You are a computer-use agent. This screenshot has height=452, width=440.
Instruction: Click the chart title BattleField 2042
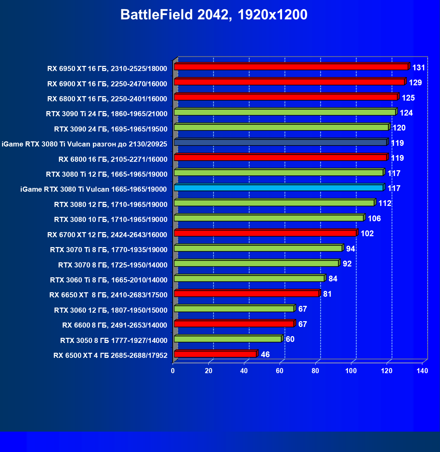[x=214, y=15]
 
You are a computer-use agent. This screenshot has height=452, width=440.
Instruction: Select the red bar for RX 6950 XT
[x=291, y=67]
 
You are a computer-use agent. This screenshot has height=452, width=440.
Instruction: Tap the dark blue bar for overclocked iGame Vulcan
[x=280, y=142]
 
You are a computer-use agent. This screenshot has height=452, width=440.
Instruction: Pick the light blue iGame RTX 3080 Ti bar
[x=279, y=188]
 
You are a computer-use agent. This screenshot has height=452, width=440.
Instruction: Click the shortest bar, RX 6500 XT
[x=215, y=354]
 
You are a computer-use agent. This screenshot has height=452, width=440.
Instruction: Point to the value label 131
[x=419, y=68]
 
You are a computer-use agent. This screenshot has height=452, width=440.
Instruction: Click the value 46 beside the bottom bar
[x=265, y=355]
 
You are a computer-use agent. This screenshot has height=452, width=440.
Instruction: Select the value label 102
[x=367, y=234]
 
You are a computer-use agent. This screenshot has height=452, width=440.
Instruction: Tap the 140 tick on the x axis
[x=422, y=371]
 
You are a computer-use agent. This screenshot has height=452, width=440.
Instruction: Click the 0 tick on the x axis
[x=173, y=371]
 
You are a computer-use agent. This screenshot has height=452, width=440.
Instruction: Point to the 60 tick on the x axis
[x=280, y=371]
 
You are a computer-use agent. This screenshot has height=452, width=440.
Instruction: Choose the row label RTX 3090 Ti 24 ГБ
[x=107, y=114]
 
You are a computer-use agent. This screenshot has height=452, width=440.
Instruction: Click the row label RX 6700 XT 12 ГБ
[x=107, y=235]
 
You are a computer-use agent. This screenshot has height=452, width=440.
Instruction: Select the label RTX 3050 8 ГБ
[x=114, y=341]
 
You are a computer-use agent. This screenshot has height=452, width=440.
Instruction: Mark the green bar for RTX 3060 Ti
[x=249, y=279]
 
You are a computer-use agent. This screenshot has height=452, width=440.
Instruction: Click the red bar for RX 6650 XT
[x=247, y=294]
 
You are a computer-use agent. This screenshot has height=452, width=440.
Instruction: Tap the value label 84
[x=333, y=279]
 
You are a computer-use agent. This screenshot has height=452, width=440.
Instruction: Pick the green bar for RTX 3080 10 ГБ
[x=269, y=218]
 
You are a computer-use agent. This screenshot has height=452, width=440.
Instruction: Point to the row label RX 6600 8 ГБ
[x=115, y=326]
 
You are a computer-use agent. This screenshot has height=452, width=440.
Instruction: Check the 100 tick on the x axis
[x=351, y=371]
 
